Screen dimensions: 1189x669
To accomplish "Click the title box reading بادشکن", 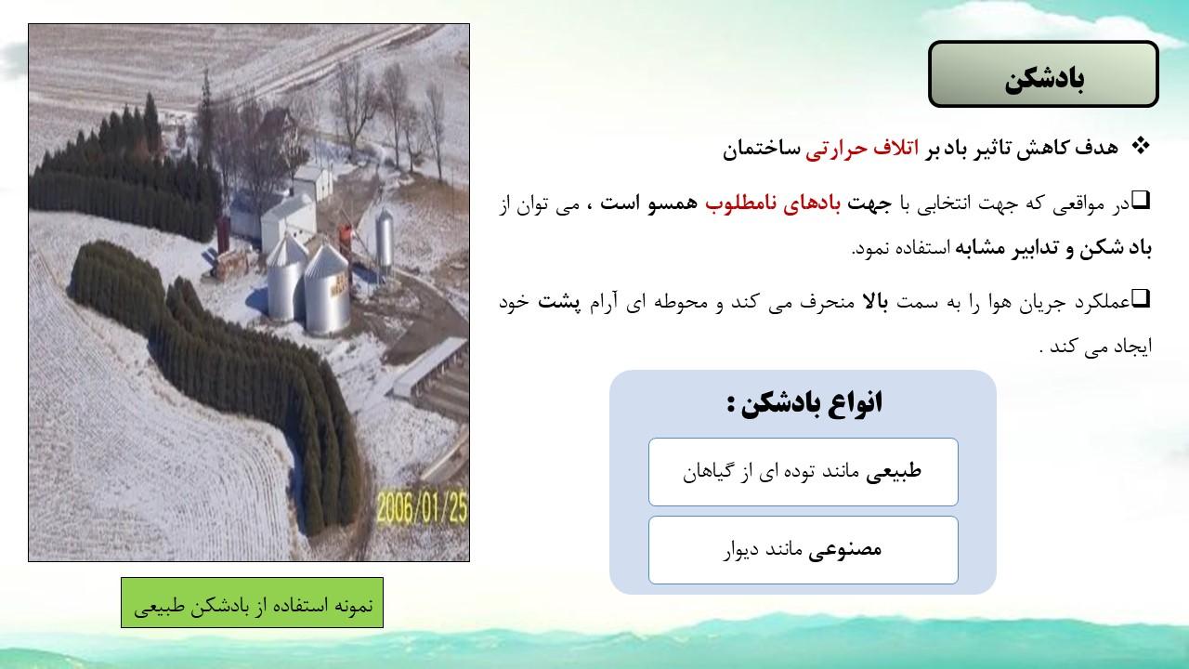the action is pos(1043,73).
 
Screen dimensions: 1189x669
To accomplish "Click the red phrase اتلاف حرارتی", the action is pos(862,148).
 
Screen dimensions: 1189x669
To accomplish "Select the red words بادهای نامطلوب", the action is pos(773,203).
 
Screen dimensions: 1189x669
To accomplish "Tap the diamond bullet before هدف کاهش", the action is pos(1140,146).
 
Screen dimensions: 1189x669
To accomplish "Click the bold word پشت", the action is pos(559,302).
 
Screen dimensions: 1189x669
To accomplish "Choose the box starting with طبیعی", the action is pos(804,471).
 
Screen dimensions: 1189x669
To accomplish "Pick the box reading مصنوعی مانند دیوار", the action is pos(804,550).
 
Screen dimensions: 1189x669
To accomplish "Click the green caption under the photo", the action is pos(252,603).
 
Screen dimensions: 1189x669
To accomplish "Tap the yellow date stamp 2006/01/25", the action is pos(423,507).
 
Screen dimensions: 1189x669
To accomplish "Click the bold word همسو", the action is pos(673,203).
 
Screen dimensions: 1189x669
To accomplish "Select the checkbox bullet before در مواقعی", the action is pos(1141,200).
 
